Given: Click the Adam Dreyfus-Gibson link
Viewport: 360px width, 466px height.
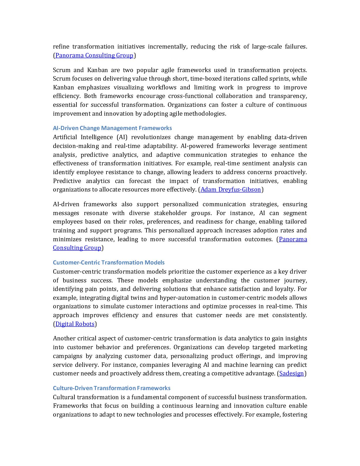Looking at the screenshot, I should click(x=231, y=189).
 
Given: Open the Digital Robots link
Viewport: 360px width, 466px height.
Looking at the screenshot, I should click(x=75, y=324).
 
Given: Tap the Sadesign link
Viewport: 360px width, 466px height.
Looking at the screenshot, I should click(x=291, y=373).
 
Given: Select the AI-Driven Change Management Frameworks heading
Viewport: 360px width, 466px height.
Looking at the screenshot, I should click(x=112, y=128).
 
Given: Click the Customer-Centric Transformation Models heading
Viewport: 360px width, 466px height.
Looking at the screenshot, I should click(x=109, y=262).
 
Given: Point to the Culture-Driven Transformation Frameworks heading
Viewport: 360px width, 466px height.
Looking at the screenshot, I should click(x=111, y=388).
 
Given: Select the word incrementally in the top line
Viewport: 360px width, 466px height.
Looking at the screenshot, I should click(x=167, y=46).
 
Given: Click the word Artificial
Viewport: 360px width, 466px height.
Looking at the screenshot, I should click(x=64, y=137).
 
